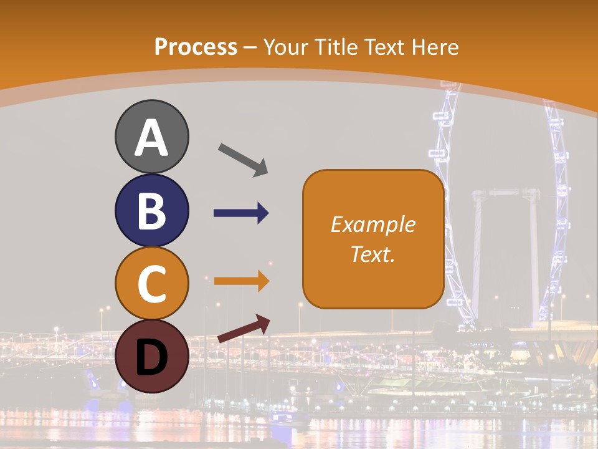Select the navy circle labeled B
pos(151,210)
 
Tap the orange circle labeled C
pos(151,283)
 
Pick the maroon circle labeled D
pos(151,356)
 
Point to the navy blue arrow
pos(241,213)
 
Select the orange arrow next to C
pos(241,281)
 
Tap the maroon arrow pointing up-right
pos(244,329)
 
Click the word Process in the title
pos(196,47)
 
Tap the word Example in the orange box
pos(373,224)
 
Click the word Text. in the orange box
pos(373,254)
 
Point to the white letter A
pos(151,138)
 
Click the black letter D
pos(151,357)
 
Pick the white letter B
pos(151,211)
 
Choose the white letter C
pos(151,284)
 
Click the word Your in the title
pos(287,47)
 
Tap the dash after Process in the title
pos(250,48)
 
